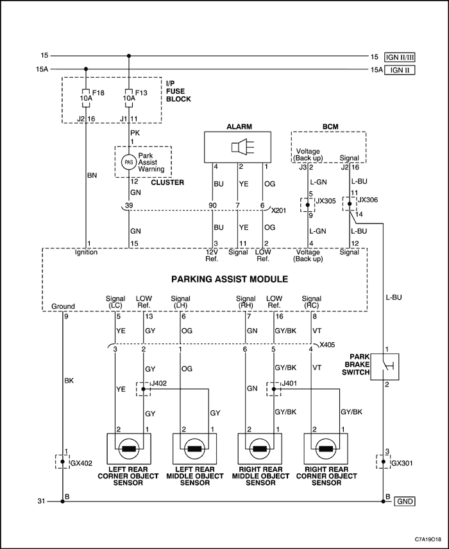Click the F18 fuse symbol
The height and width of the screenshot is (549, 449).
pos(86,98)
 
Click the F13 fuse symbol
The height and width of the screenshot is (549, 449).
pos(129,98)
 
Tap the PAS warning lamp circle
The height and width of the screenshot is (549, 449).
pos(128,162)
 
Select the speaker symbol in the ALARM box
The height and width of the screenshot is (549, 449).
pos(239,146)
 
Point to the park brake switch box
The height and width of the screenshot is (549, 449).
pos(384,367)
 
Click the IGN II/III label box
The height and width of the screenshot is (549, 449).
pos(400,57)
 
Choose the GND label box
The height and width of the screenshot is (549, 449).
pos(405,501)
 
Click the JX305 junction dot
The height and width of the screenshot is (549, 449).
pos(308,204)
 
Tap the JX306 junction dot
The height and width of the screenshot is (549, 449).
pos(350,204)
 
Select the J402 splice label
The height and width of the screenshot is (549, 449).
pos(158,383)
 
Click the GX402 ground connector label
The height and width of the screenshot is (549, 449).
pos(81,463)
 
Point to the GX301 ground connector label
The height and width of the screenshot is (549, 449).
pos(402,463)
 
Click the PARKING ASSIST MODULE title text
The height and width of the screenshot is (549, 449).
pos(230,279)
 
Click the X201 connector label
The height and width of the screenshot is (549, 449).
pos(279,211)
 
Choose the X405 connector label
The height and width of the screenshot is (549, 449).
pos(327,345)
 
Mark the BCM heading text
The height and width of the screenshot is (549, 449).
pos(330,126)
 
